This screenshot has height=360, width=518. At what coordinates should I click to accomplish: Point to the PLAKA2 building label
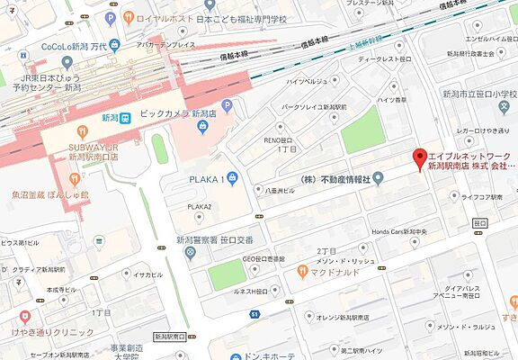(x=200, y=206)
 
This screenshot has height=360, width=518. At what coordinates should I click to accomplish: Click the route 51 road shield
(x=255, y=313)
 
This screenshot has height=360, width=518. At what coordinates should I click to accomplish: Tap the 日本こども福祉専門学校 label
(x=242, y=17)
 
